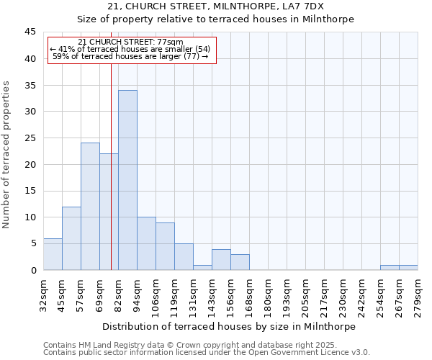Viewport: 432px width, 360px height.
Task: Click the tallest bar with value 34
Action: (127, 180)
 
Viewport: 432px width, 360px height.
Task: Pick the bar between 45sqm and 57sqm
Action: (71, 238)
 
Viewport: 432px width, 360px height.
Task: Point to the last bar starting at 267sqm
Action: (408, 267)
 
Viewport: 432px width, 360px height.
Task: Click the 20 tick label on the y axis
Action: (30, 164)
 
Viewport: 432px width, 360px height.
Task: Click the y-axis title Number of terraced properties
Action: (6, 155)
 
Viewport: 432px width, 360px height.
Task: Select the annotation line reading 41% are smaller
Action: (130, 49)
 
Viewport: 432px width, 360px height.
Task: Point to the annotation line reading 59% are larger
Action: (130, 56)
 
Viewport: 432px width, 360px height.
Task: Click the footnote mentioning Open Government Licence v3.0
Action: (207, 352)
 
